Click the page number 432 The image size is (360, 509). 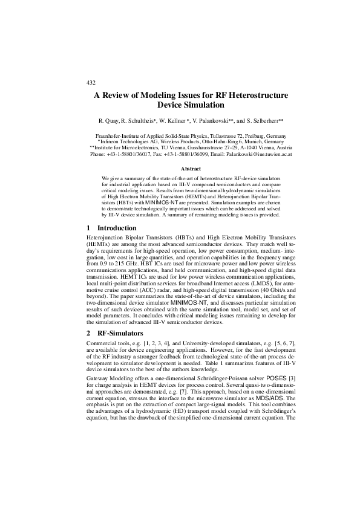92,82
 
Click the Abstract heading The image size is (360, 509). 180,169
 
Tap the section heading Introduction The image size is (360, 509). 117,229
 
